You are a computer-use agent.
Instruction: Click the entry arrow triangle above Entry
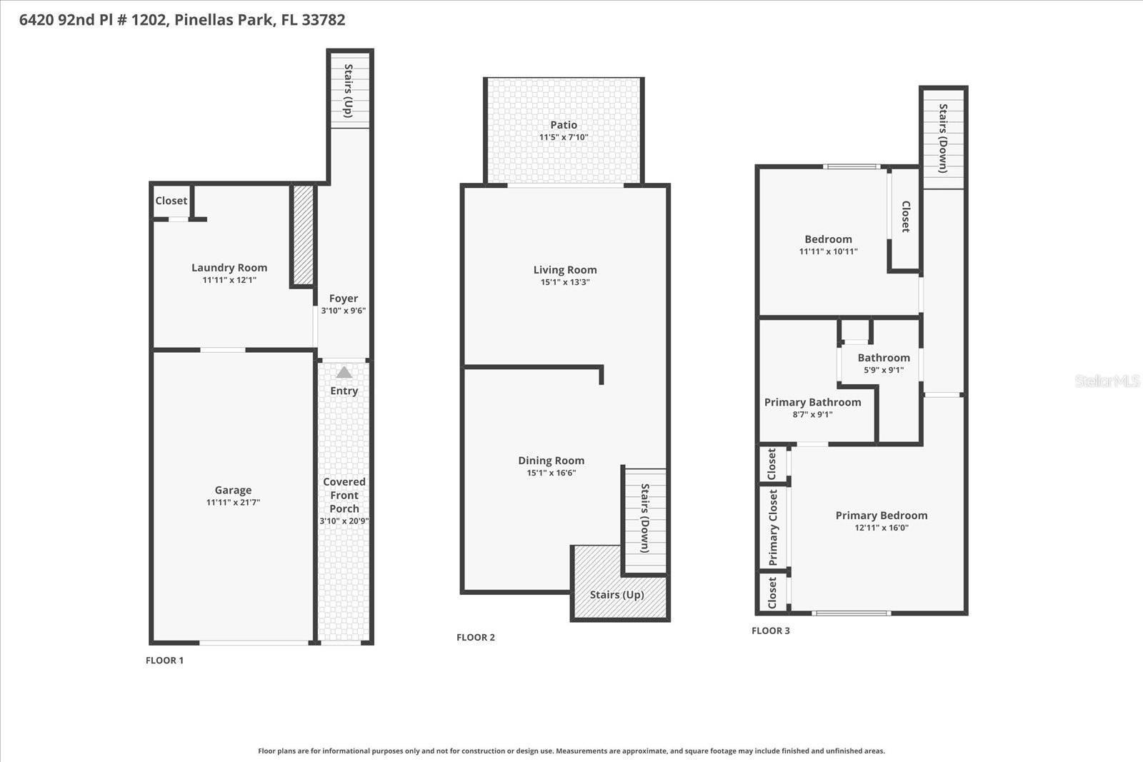(x=344, y=373)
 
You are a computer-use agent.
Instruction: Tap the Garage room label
(x=233, y=490)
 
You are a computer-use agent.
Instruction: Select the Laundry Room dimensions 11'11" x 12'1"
(x=229, y=280)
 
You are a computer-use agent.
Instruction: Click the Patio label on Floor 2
(x=564, y=125)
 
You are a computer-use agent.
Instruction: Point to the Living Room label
(x=565, y=270)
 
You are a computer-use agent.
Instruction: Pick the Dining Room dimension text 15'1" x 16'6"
(x=551, y=473)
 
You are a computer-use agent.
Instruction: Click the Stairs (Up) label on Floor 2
(x=617, y=595)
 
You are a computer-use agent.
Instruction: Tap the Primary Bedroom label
(x=882, y=516)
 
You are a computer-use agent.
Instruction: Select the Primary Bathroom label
(x=812, y=402)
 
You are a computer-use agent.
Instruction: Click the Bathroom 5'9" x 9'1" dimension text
(x=884, y=370)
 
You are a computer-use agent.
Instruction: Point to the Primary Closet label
(x=773, y=528)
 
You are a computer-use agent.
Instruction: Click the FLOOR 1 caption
(x=164, y=661)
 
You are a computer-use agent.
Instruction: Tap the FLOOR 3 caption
(x=771, y=631)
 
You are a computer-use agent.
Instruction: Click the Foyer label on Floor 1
(x=344, y=299)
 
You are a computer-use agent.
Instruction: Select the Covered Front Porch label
(x=344, y=496)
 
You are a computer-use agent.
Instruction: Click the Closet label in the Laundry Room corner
(x=171, y=201)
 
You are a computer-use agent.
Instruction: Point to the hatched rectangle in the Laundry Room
(x=303, y=236)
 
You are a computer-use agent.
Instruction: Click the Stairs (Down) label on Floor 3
(x=943, y=139)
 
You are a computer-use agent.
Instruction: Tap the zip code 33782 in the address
(x=324, y=20)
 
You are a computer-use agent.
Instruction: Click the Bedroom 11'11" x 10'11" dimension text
(x=828, y=251)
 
